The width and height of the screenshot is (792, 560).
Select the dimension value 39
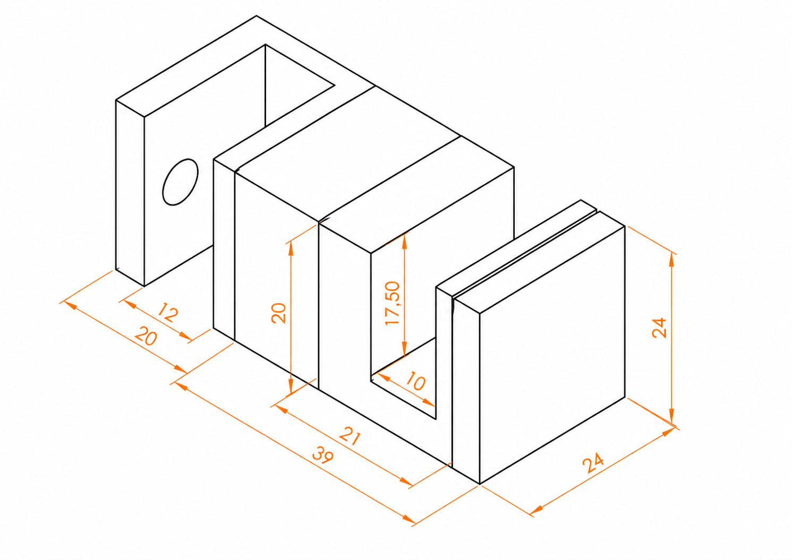pyautogui.click(x=322, y=455)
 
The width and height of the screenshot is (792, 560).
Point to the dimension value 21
pyautogui.click(x=350, y=436)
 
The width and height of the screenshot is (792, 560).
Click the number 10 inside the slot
pyautogui.click(x=416, y=381)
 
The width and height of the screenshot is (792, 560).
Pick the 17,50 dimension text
pyautogui.click(x=393, y=303)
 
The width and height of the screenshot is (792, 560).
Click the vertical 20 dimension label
pyautogui.click(x=279, y=313)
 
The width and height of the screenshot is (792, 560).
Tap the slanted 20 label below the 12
pyautogui.click(x=146, y=336)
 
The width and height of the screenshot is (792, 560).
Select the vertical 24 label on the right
pyautogui.click(x=659, y=328)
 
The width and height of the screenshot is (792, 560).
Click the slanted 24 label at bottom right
pyautogui.click(x=593, y=463)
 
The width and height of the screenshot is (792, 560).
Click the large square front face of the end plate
pyautogui.click(x=552, y=355)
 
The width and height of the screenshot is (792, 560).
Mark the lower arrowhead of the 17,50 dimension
pyautogui.click(x=405, y=348)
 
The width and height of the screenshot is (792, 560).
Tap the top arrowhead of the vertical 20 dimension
pyautogui.click(x=291, y=249)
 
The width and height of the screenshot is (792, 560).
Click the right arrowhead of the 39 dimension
pyautogui.click(x=410, y=519)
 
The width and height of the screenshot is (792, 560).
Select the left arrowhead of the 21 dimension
pyautogui.click(x=282, y=409)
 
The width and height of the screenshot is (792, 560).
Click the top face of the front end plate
pyautogui.click(x=539, y=262)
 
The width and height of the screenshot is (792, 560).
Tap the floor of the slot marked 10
pyautogui.click(x=403, y=378)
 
